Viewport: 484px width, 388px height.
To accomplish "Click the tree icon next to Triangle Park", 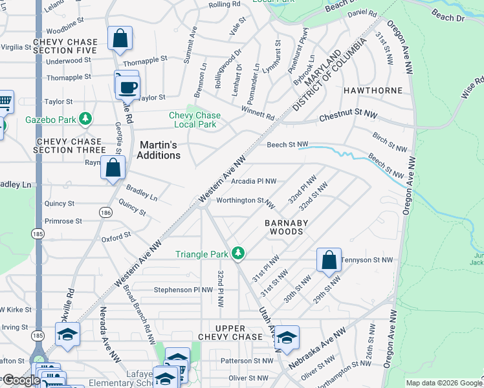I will coord(238,253).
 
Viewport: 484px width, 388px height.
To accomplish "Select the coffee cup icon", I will coord(128,87).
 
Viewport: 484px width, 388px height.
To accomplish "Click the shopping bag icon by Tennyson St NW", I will coord(329,260).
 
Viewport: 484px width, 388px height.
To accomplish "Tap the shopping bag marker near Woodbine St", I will coord(120,38).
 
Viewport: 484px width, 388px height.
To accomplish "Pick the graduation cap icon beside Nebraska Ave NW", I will coord(287,337).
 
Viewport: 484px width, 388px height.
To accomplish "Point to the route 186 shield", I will coord(105,212).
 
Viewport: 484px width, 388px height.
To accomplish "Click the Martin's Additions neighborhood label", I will coord(159,151).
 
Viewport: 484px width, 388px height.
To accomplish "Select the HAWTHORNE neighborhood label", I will coord(377,91).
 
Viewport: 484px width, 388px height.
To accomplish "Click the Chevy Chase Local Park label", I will coord(195,120).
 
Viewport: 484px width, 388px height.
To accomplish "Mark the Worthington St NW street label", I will coord(246,202).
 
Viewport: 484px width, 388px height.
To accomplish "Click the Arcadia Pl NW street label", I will coord(254,182).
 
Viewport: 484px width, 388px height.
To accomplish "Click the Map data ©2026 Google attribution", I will coord(443,383).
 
